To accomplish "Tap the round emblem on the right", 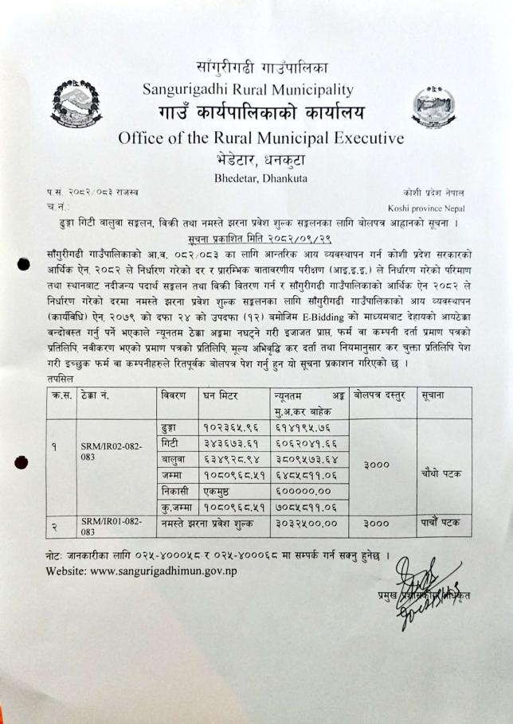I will [x=433, y=104].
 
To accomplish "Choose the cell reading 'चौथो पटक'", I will [x=442, y=473].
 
